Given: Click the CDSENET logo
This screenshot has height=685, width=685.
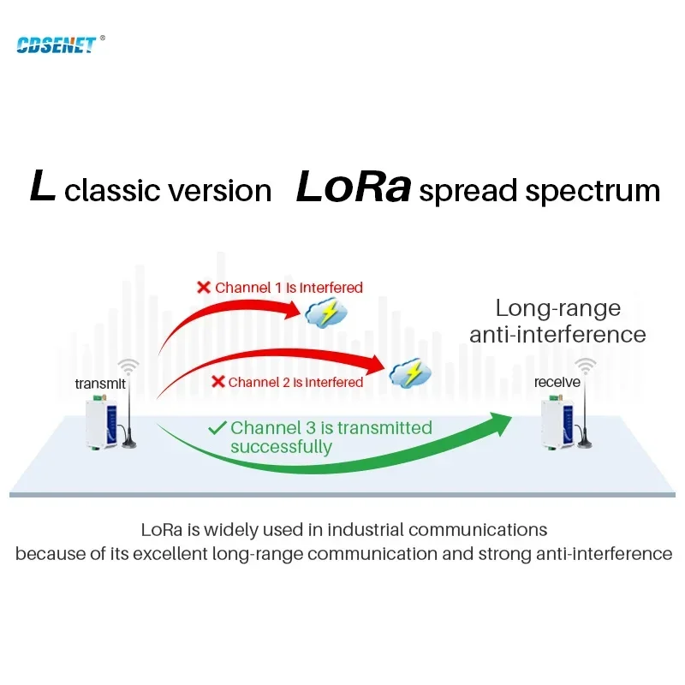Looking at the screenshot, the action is pos(56,45).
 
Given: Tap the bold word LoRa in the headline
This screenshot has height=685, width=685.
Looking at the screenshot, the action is pos(354,187).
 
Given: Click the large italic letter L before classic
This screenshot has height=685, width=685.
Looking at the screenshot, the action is pos(42,186).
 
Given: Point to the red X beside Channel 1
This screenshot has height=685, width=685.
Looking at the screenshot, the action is pos(204,287).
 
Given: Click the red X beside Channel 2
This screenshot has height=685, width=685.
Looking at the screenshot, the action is pos(217,381).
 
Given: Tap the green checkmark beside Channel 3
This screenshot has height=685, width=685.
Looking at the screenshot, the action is pos(217,427).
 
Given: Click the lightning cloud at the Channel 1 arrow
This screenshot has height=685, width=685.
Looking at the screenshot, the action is pos(326,313).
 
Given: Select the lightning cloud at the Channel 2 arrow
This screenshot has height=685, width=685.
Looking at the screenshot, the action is pos(410,373).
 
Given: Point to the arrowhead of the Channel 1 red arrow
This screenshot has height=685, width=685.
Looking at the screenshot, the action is pos(291,311).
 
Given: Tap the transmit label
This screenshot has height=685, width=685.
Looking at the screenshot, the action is pos(100,384).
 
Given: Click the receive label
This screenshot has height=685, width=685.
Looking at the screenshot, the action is pos(557,382).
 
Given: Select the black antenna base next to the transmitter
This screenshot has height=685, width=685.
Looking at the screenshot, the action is pos(129,443).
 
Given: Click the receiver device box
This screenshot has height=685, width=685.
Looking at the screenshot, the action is pos(557,423).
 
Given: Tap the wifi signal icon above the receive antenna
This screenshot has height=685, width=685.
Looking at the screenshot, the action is pos(586,366).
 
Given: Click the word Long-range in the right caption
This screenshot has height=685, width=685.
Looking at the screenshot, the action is pos(558,308).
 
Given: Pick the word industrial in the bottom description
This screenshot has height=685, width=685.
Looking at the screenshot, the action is pos(366,529).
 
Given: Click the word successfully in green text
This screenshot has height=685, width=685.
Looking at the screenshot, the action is pos(282,447).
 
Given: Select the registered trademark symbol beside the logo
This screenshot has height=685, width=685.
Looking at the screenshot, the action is pos(103,38).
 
